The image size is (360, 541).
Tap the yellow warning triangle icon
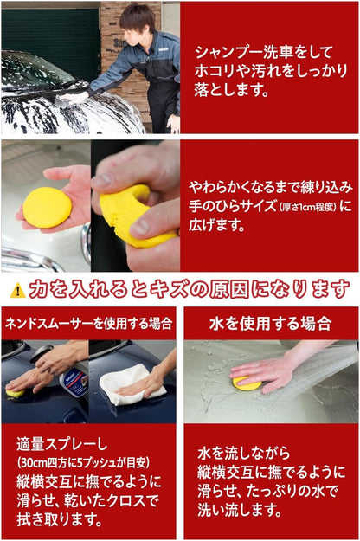pos(17,289)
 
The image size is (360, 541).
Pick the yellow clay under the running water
pos(247,383)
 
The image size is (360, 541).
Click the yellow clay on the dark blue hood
pos(15,393)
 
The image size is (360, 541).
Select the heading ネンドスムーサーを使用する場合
pos(88,324)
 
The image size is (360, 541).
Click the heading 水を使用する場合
pos(270,324)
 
